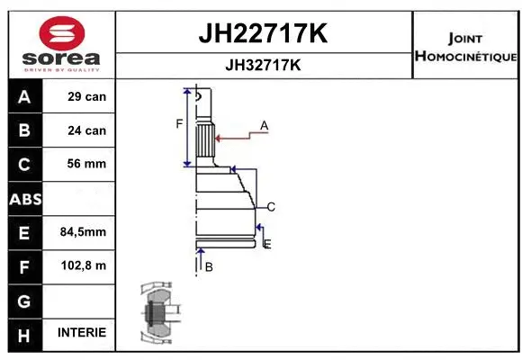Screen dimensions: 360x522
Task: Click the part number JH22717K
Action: (262, 34)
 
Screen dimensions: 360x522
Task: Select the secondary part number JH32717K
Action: (262, 66)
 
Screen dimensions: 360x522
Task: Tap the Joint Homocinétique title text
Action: (465, 48)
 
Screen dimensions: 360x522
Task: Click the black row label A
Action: (24, 97)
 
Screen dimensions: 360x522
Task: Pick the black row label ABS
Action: (24, 199)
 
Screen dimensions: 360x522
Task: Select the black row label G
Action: (24, 300)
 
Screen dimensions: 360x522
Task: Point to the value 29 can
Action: (86, 97)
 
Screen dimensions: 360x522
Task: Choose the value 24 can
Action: (86, 130)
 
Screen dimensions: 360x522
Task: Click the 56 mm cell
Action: (86, 165)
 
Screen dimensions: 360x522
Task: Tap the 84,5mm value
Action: (83, 232)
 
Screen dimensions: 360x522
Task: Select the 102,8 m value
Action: (83, 265)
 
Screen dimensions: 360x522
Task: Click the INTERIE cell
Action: (82, 333)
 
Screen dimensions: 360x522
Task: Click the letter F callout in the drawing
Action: (179, 123)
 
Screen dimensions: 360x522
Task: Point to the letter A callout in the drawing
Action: (265, 125)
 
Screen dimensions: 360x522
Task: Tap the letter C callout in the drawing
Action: (270, 207)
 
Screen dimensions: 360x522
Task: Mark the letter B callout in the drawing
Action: (208, 267)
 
